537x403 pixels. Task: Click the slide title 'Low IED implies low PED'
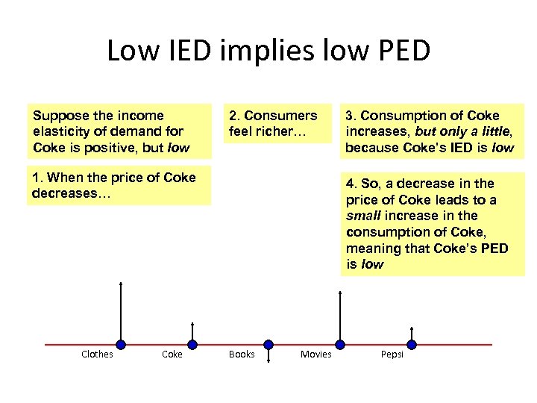coord(268,51)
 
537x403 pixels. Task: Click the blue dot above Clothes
coord(121,345)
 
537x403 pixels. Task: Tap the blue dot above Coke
coord(192,345)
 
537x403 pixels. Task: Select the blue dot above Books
coord(268,345)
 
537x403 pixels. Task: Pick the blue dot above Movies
coord(340,345)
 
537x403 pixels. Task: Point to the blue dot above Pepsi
coord(411,345)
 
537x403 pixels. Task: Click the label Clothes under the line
coord(97,354)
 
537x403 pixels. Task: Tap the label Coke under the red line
coord(172,354)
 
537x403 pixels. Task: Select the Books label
coord(242,354)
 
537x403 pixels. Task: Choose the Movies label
coord(315,354)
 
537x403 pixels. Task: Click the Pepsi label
coord(392,354)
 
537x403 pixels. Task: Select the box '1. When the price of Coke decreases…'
coord(119,185)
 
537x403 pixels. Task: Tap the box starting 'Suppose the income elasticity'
coord(119,131)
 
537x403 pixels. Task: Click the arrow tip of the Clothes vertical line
coord(121,284)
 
